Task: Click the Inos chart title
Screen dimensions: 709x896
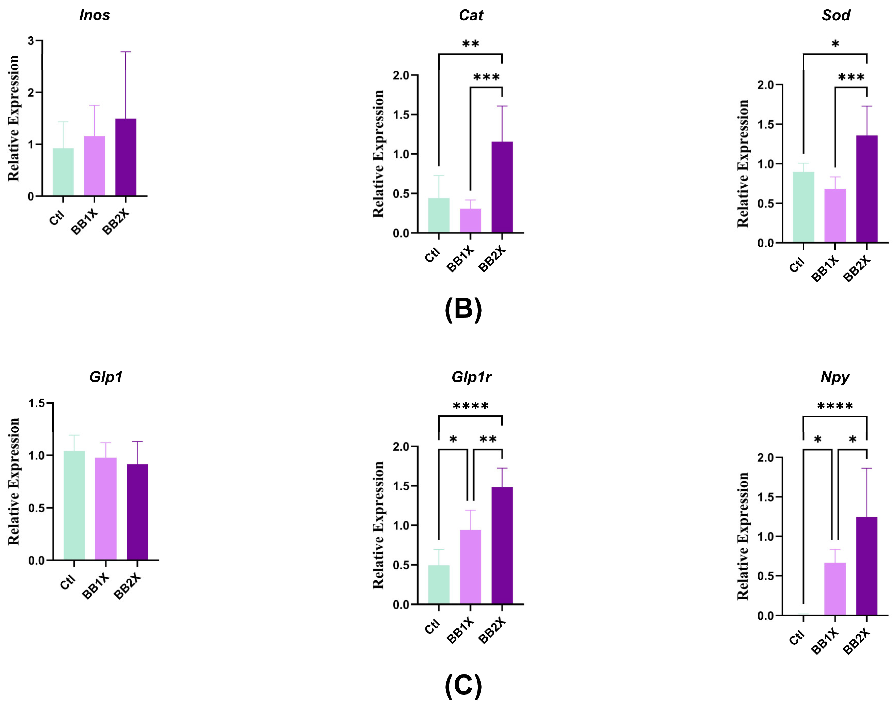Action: coord(95,15)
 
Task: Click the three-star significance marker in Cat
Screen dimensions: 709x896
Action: coord(486,78)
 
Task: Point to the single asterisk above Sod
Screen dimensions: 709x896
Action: coord(835,44)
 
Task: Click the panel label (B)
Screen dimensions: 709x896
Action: coord(463,309)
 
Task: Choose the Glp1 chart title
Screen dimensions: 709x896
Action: coord(106,377)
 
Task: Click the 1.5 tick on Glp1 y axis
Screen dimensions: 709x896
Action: coord(37,403)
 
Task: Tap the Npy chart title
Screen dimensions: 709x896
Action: coord(835,377)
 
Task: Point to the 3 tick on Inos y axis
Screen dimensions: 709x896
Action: coord(31,41)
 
